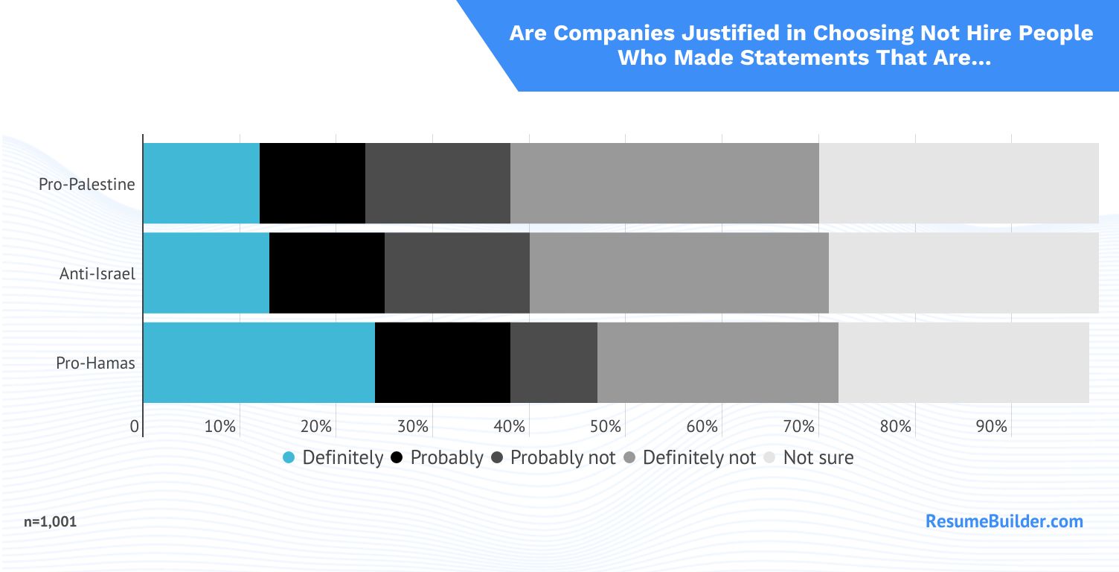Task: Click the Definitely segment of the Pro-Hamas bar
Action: (259, 363)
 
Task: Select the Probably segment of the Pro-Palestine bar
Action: (312, 183)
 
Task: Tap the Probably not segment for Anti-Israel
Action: (457, 273)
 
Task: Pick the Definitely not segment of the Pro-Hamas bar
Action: (718, 363)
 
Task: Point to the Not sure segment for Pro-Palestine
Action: (958, 183)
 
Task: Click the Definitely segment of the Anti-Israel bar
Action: (206, 273)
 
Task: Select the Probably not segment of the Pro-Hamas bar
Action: (554, 363)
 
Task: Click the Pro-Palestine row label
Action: (87, 184)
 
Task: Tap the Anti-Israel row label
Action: (97, 273)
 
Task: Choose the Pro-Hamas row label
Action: (96, 363)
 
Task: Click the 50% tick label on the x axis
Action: (606, 427)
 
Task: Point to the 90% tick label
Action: (992, 427)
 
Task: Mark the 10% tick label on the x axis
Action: (220, 427)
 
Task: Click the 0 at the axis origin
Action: (135, 427)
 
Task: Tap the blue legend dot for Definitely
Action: (289, 457)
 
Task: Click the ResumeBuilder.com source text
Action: (1004, 521)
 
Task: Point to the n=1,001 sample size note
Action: (50, 522)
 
